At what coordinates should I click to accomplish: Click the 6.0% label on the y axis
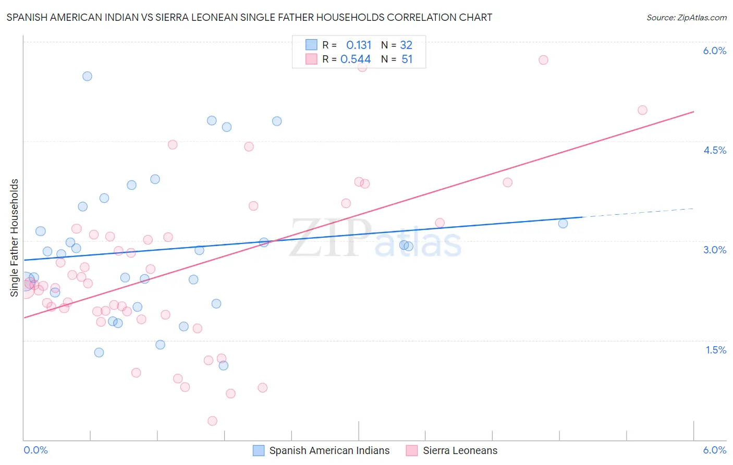[714, 51]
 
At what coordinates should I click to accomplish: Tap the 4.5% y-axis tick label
[714, 150]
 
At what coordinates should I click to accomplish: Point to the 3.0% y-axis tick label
[714, 250]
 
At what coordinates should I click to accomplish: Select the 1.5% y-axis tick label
[716, 350]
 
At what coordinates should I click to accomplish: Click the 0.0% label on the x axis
[35, 450]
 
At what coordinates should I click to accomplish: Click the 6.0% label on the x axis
[714, 450]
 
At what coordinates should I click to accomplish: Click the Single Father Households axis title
[15, 238]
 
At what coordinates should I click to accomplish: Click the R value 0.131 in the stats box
[359, 45]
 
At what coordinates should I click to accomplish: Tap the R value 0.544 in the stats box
[356, 59]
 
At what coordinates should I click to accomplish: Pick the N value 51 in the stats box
[407, 59]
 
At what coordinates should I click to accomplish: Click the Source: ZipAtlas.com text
[686, 18]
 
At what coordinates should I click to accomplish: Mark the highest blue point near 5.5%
[87, 76]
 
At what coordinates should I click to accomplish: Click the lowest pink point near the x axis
[212, 421]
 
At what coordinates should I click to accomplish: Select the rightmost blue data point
[563, 224]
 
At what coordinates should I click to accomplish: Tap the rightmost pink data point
[642, 110]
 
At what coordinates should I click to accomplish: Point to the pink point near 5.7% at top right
[543, 60]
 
